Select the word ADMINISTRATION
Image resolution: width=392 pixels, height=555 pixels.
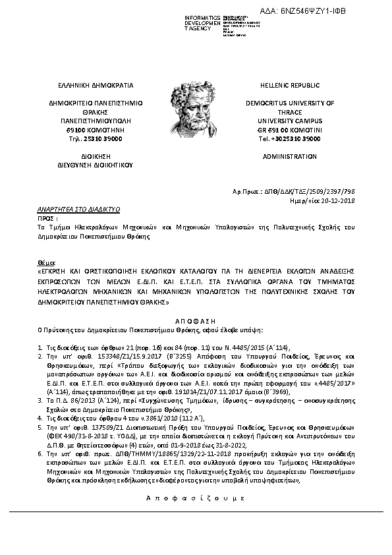coord(290,157)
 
